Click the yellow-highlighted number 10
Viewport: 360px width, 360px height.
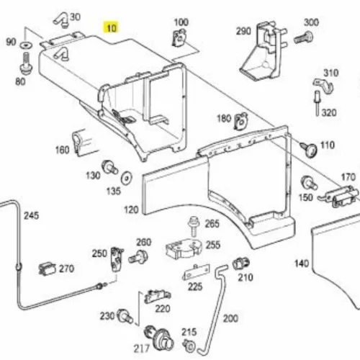click(112, 28)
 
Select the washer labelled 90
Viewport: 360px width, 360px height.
click(27, 45)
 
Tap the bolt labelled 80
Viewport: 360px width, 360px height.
click(26, 63)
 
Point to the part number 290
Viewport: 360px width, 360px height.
click(243, 31)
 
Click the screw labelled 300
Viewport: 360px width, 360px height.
click(303, 38)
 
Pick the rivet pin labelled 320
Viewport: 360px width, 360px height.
click(318, 103)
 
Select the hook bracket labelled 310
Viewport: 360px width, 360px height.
click(324, 86)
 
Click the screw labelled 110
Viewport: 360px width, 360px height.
click(309, 149)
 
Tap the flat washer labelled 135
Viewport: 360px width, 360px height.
click(127, 178)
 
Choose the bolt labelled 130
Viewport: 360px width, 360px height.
click(110, 167)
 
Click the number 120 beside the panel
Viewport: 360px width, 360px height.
click(131, 210)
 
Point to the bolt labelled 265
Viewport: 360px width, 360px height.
click(194, 226)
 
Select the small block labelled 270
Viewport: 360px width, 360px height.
click(47, 269)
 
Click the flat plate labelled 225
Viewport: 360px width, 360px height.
click(196, 272)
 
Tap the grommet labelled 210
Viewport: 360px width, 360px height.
click(241, 264)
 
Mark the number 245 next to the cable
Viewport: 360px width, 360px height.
click(31, 216)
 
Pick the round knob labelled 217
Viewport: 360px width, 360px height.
click(159, 339)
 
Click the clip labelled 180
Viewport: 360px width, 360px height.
click(241, 121)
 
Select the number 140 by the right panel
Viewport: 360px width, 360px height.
click(302, 264)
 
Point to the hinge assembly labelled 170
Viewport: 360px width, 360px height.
click(338, 196)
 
